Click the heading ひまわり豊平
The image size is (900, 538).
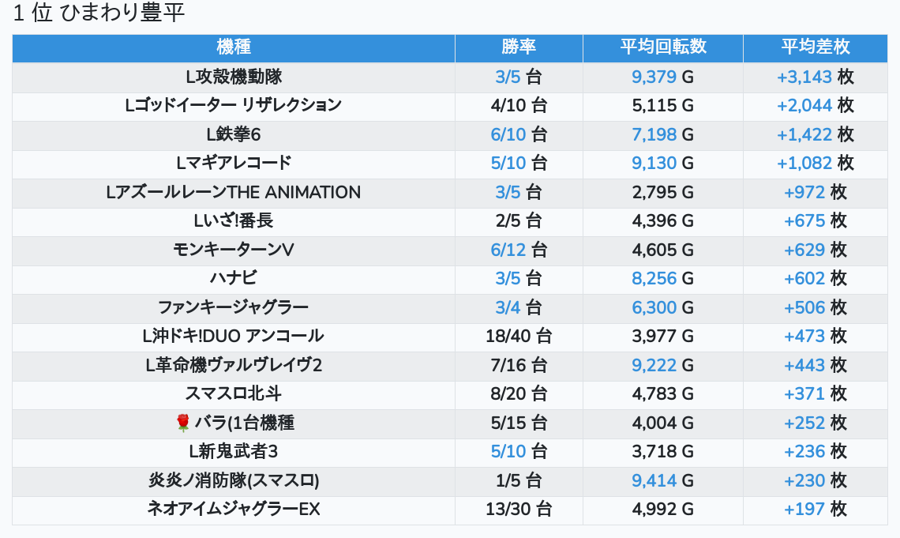click(x=99, y=14)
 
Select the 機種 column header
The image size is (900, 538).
click(x=234, y=47)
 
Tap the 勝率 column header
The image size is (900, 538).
click(x=519, y=47)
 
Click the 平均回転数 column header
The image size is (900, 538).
click(x=662, y=47)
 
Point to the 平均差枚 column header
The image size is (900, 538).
click(x=815, y=47)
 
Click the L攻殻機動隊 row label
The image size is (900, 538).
click(x=234, y=77)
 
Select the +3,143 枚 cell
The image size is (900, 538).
click(x=815, y=77)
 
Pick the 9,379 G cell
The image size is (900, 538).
click(x=662, y=77)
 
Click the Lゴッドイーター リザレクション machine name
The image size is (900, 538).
click(x=234, y=105)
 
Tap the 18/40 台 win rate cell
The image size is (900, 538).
click(x=519, y=336)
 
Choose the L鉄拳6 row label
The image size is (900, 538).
click(x=234, y=134)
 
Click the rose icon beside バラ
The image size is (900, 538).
click(x=183, y=423)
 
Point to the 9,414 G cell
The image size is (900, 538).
click(x=662, y=480)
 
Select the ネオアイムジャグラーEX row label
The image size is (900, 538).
click(x=234, y=509)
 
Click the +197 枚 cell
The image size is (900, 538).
click(x=815, y=509)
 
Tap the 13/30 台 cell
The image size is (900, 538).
click(x=519, y=509)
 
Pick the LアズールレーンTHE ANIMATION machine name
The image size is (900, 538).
click(x=234, y=192)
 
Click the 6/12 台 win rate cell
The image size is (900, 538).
click(x=519, y=250)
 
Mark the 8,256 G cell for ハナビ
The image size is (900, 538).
click(x=662, y=278)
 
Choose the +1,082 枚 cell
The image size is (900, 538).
click(x=815, y=163)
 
